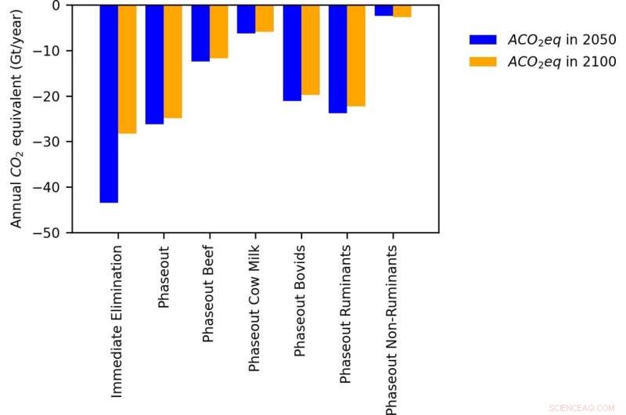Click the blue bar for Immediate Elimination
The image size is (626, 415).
coord(109,103)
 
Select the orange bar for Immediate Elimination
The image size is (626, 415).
coord(127,69)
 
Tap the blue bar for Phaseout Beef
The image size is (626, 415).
coord(200,33)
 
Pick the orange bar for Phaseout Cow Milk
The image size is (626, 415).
coord(264,18)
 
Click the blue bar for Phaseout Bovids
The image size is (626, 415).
coord(292,52)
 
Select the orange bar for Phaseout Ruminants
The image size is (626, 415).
coord(356,55)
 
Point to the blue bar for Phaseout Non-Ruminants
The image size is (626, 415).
coord(383,10)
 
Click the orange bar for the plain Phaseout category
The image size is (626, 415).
coord(173,61)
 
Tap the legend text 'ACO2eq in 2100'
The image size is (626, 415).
coord(562,61)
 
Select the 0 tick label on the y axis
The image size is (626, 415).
coord(58,5)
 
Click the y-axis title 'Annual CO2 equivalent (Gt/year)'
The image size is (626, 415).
coord(16,117)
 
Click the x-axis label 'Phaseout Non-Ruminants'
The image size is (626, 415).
coord(391,329)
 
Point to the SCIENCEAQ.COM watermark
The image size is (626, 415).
coord(582,407)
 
